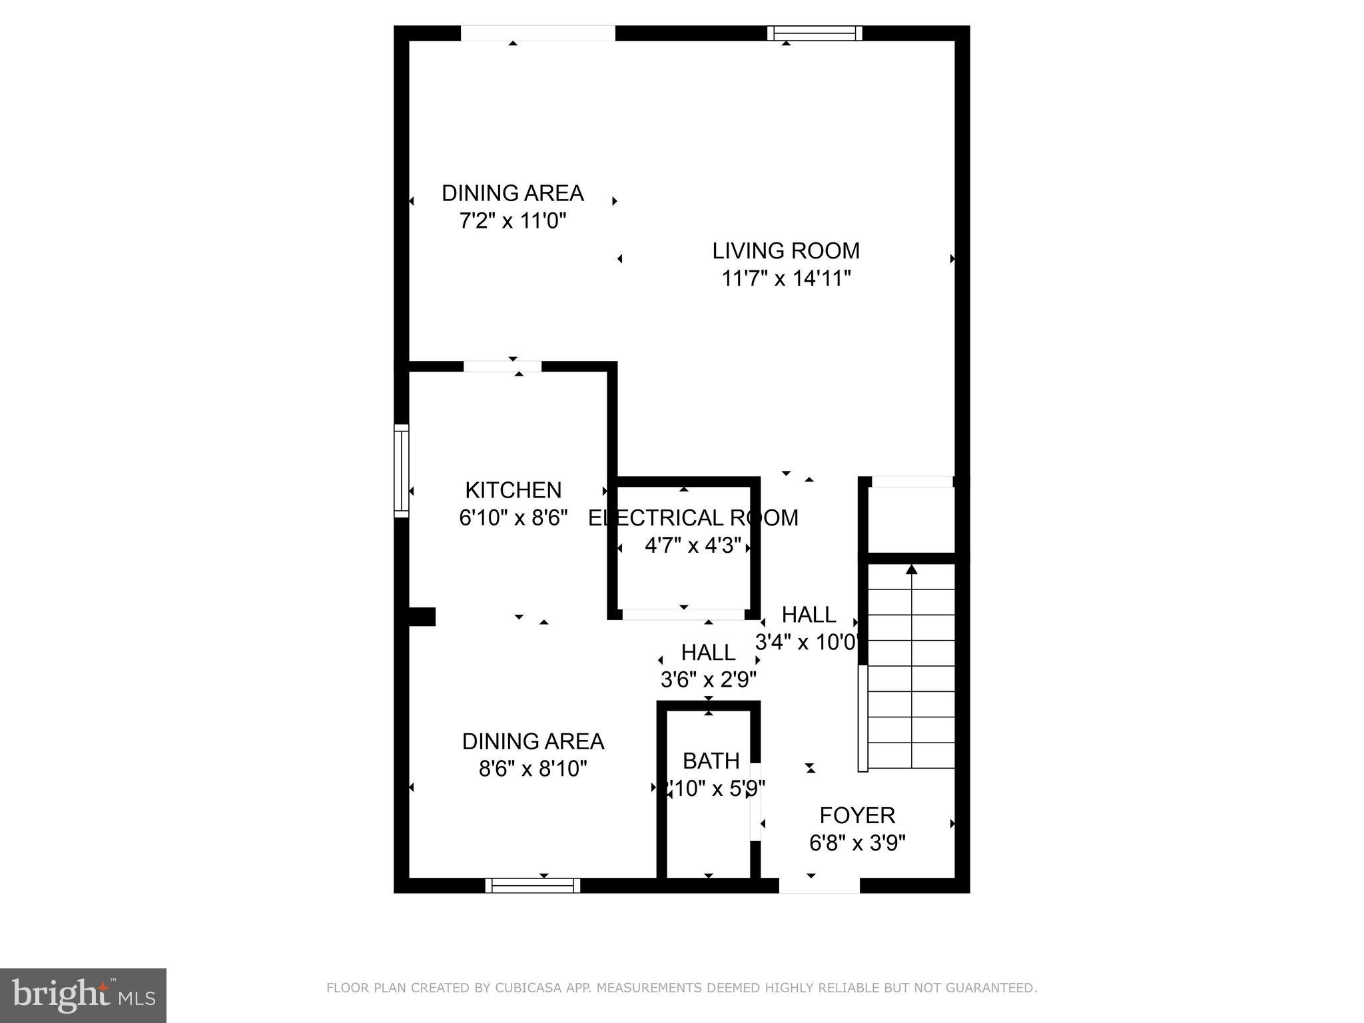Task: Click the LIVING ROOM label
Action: [x=786, y=251]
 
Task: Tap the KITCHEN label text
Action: [x=513, y=490]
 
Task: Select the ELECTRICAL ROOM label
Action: [x=693, y=518]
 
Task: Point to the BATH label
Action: [x=711, y=761]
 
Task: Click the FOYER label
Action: [x=857, y=815]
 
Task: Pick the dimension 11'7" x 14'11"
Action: [x=787, y=278]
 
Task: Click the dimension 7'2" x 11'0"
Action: [x=513, y=220]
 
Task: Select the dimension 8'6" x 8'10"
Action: [x=533, y=769]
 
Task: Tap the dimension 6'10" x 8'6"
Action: [x=513, y=517]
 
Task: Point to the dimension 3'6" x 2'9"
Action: [x=708, y=680]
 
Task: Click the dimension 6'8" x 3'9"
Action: [x=857, y=844]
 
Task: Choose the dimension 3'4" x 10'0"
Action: [x=807, y=643]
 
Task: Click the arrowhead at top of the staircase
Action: [x=911, y=569]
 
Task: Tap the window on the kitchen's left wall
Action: [x=401, y=470]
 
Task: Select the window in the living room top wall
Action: [x=814, y=33]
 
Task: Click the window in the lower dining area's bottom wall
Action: [x=533, y=885]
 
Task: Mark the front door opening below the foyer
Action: [x=819, y=886]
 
